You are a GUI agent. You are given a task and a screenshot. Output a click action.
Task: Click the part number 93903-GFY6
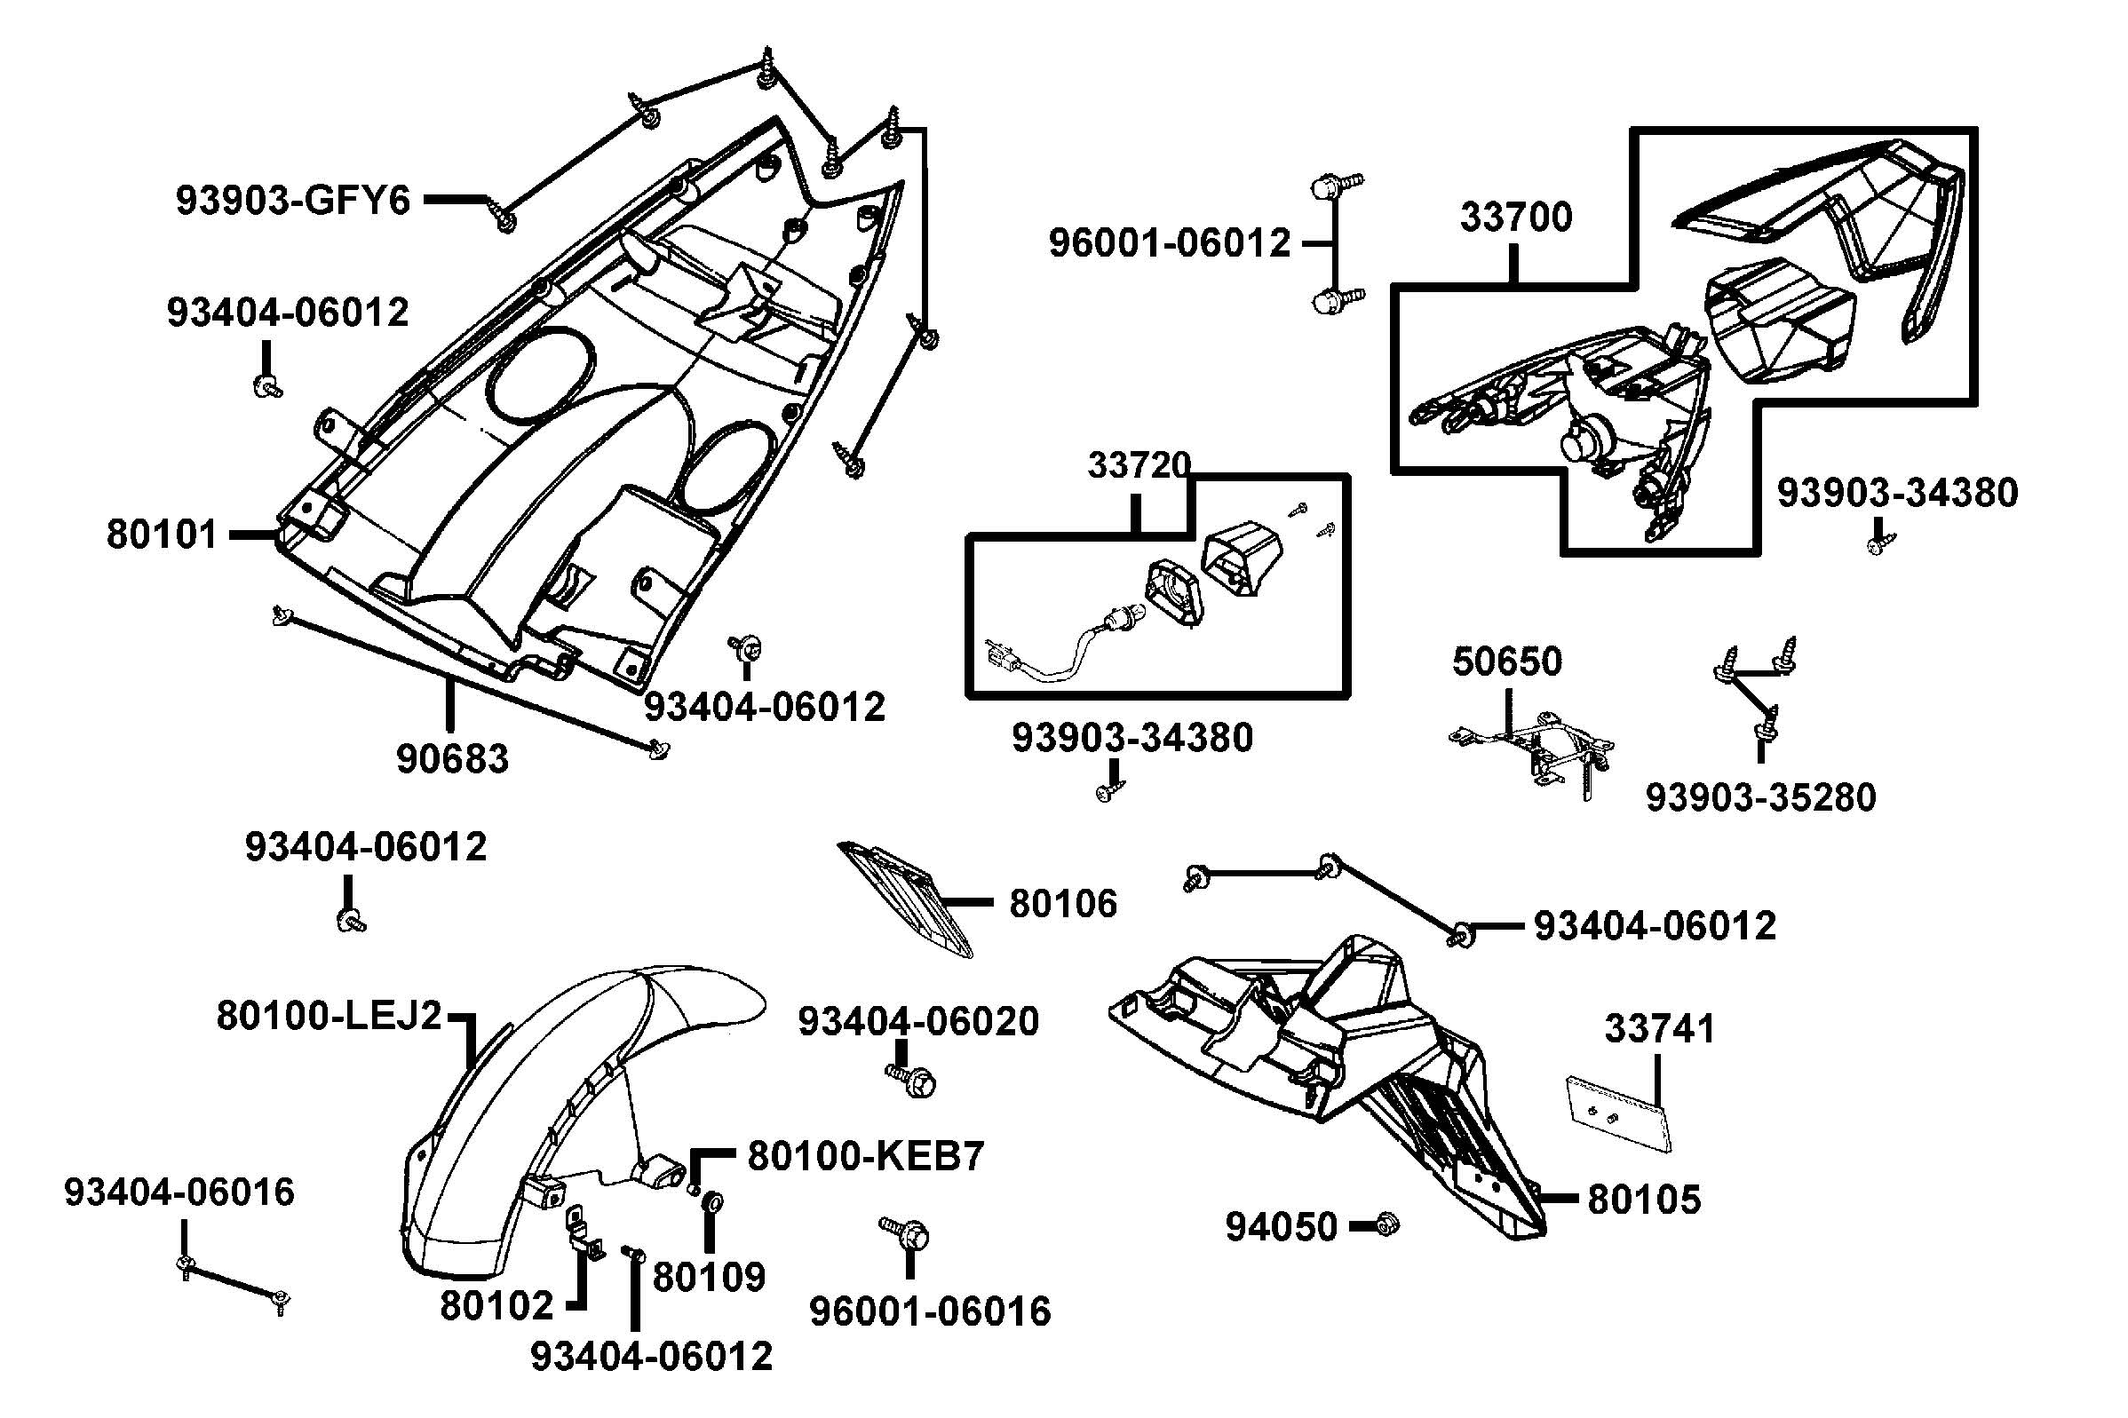point(292,200)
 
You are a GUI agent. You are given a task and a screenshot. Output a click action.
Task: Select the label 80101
point(162,535)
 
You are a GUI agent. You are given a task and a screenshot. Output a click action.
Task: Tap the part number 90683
point(452,759)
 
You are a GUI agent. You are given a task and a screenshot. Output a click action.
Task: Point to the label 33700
point(1516,218)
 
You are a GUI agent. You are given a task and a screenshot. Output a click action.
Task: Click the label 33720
point(1138,465)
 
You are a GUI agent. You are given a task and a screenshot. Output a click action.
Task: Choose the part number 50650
point(1506,662)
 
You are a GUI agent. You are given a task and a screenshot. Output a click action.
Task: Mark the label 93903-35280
point(1760,797)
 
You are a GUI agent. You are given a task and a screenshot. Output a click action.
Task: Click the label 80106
point(1062,903)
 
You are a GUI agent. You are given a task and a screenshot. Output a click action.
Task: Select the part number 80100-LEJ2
point(329,1016)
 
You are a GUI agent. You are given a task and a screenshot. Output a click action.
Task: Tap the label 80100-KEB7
point(865,1156)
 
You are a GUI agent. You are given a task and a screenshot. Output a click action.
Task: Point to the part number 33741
point(1660,1029)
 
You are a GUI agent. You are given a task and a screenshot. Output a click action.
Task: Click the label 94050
point(1281,1227)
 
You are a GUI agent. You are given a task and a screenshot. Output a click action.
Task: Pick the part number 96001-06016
point(930,1311)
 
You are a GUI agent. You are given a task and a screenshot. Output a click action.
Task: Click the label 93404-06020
point(918,1022)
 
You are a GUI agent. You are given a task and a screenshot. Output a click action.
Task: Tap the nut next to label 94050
point(1385,1225)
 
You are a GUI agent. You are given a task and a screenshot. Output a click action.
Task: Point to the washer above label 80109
point(711,1203)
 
